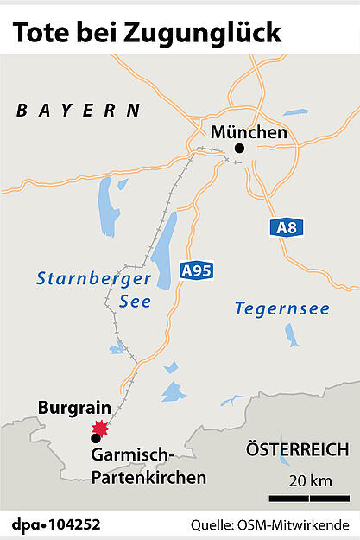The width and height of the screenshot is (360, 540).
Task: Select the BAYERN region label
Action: (x=79, y=110)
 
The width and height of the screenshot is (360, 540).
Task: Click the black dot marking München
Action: (x=240, y=149)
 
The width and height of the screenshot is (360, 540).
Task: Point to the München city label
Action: (x=249, y=132)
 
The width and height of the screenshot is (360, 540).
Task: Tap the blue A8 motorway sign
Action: (x=287, y=227)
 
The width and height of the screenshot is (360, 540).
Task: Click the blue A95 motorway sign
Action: (x=196, y=270)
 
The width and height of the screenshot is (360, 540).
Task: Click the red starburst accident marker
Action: (x=102, y=428)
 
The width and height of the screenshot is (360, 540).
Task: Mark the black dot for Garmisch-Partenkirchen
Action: (x=95, y=438)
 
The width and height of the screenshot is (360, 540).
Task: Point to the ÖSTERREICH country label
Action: (x=298, y=449)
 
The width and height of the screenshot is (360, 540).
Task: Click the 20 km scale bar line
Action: (x=309, y=499)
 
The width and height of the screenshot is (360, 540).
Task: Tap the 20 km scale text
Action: (x=308, y=480)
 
